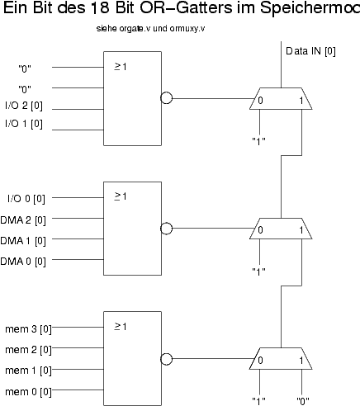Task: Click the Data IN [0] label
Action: pyautogui.click(x=310, y=51)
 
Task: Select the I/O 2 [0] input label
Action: pyautogui.click(x=24, y=106)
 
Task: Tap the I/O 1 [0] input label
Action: pyautogui.click(x=24, y=124)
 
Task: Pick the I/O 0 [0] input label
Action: pyautogui.click(x=26, y=199)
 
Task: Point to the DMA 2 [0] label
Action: pyautogui.click(x=23, y=220)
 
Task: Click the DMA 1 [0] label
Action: pyautogui.click(x=23, y=241)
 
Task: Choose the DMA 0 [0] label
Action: pyautogui.click(x=23, y=262)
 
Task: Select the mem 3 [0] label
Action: pyautogui.click(x=28, y=329)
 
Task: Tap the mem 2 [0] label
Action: pyautogui.click(x=28, y=350)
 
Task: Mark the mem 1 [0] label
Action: pyautogui.click(x=28, y=371)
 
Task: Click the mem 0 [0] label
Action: pyautogui.click(x=28, y=392)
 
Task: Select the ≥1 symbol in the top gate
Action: pyautogui.click(x=121, y=67)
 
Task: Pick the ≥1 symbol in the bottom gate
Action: pyautogui.click(x=121, y=327)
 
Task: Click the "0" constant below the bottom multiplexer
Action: pyautogui.click(x=303, y=401)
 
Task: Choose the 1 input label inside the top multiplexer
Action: pyautogui.click(x=301, y=101)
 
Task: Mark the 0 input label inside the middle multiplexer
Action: pyautogui.click(x=260, y=229)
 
